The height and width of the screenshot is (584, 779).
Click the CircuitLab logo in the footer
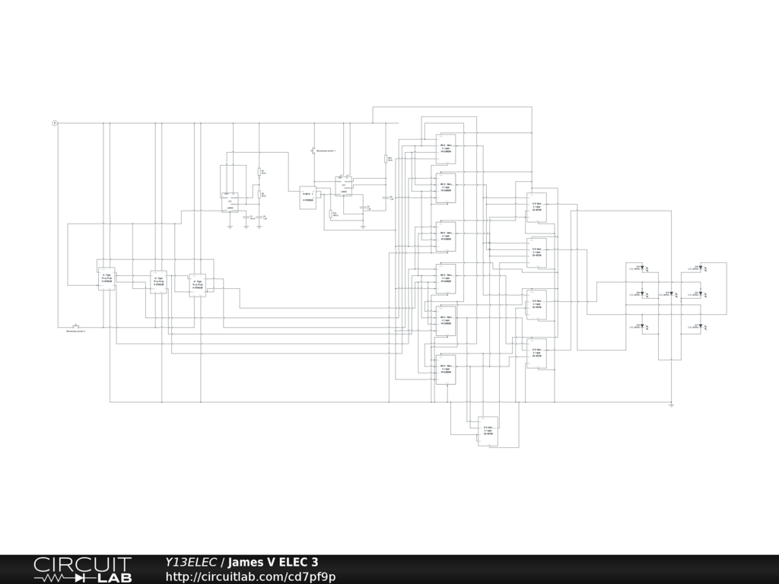point(82,569)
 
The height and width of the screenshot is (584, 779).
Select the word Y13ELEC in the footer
point(191,562)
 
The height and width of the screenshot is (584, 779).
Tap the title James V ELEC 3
point(273,562)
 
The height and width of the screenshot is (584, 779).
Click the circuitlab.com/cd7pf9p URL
point(250,576)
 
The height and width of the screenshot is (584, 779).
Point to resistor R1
point(259,172)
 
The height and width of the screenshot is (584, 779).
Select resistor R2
point(259,195)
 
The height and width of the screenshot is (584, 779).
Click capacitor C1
point(246,217)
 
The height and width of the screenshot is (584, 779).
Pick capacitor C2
point(260,217)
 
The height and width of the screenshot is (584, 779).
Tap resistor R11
point(386,160)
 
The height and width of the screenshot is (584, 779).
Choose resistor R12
point(331,214)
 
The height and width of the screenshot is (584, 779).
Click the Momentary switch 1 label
point(326,151)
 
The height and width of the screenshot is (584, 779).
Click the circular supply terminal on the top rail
point(55,122)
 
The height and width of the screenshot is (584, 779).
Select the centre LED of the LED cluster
point(672,293)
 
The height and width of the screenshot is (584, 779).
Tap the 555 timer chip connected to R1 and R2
point(229,202)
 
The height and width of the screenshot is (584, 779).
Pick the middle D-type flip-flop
point(159,281)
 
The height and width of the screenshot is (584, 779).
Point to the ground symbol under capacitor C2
point(260,226)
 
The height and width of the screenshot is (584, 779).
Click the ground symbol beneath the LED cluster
point(672,405)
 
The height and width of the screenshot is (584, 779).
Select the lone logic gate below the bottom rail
point(488,430)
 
